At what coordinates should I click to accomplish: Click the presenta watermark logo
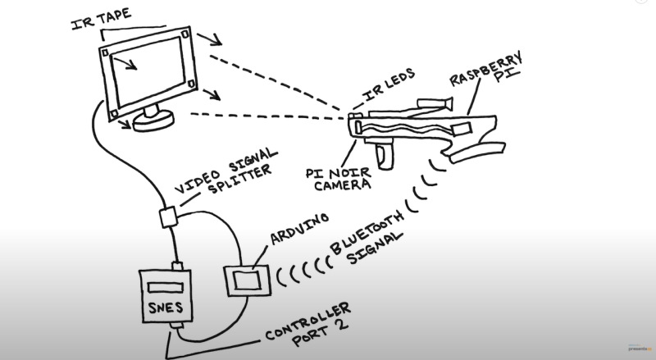(x=638, y=348)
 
